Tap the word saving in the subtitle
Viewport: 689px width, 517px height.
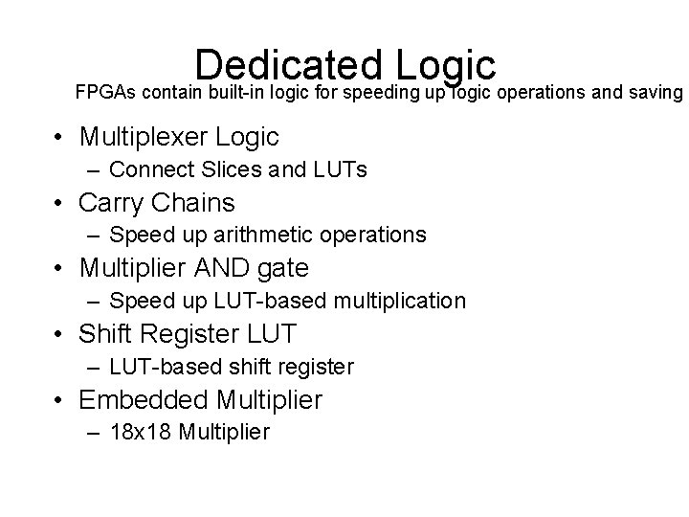(x=655, y=94)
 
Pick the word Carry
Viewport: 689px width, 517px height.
(x=111, y=203)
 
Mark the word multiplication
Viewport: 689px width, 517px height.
(x=399, y=302)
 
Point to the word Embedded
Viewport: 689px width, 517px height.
(x=144, y=399)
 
